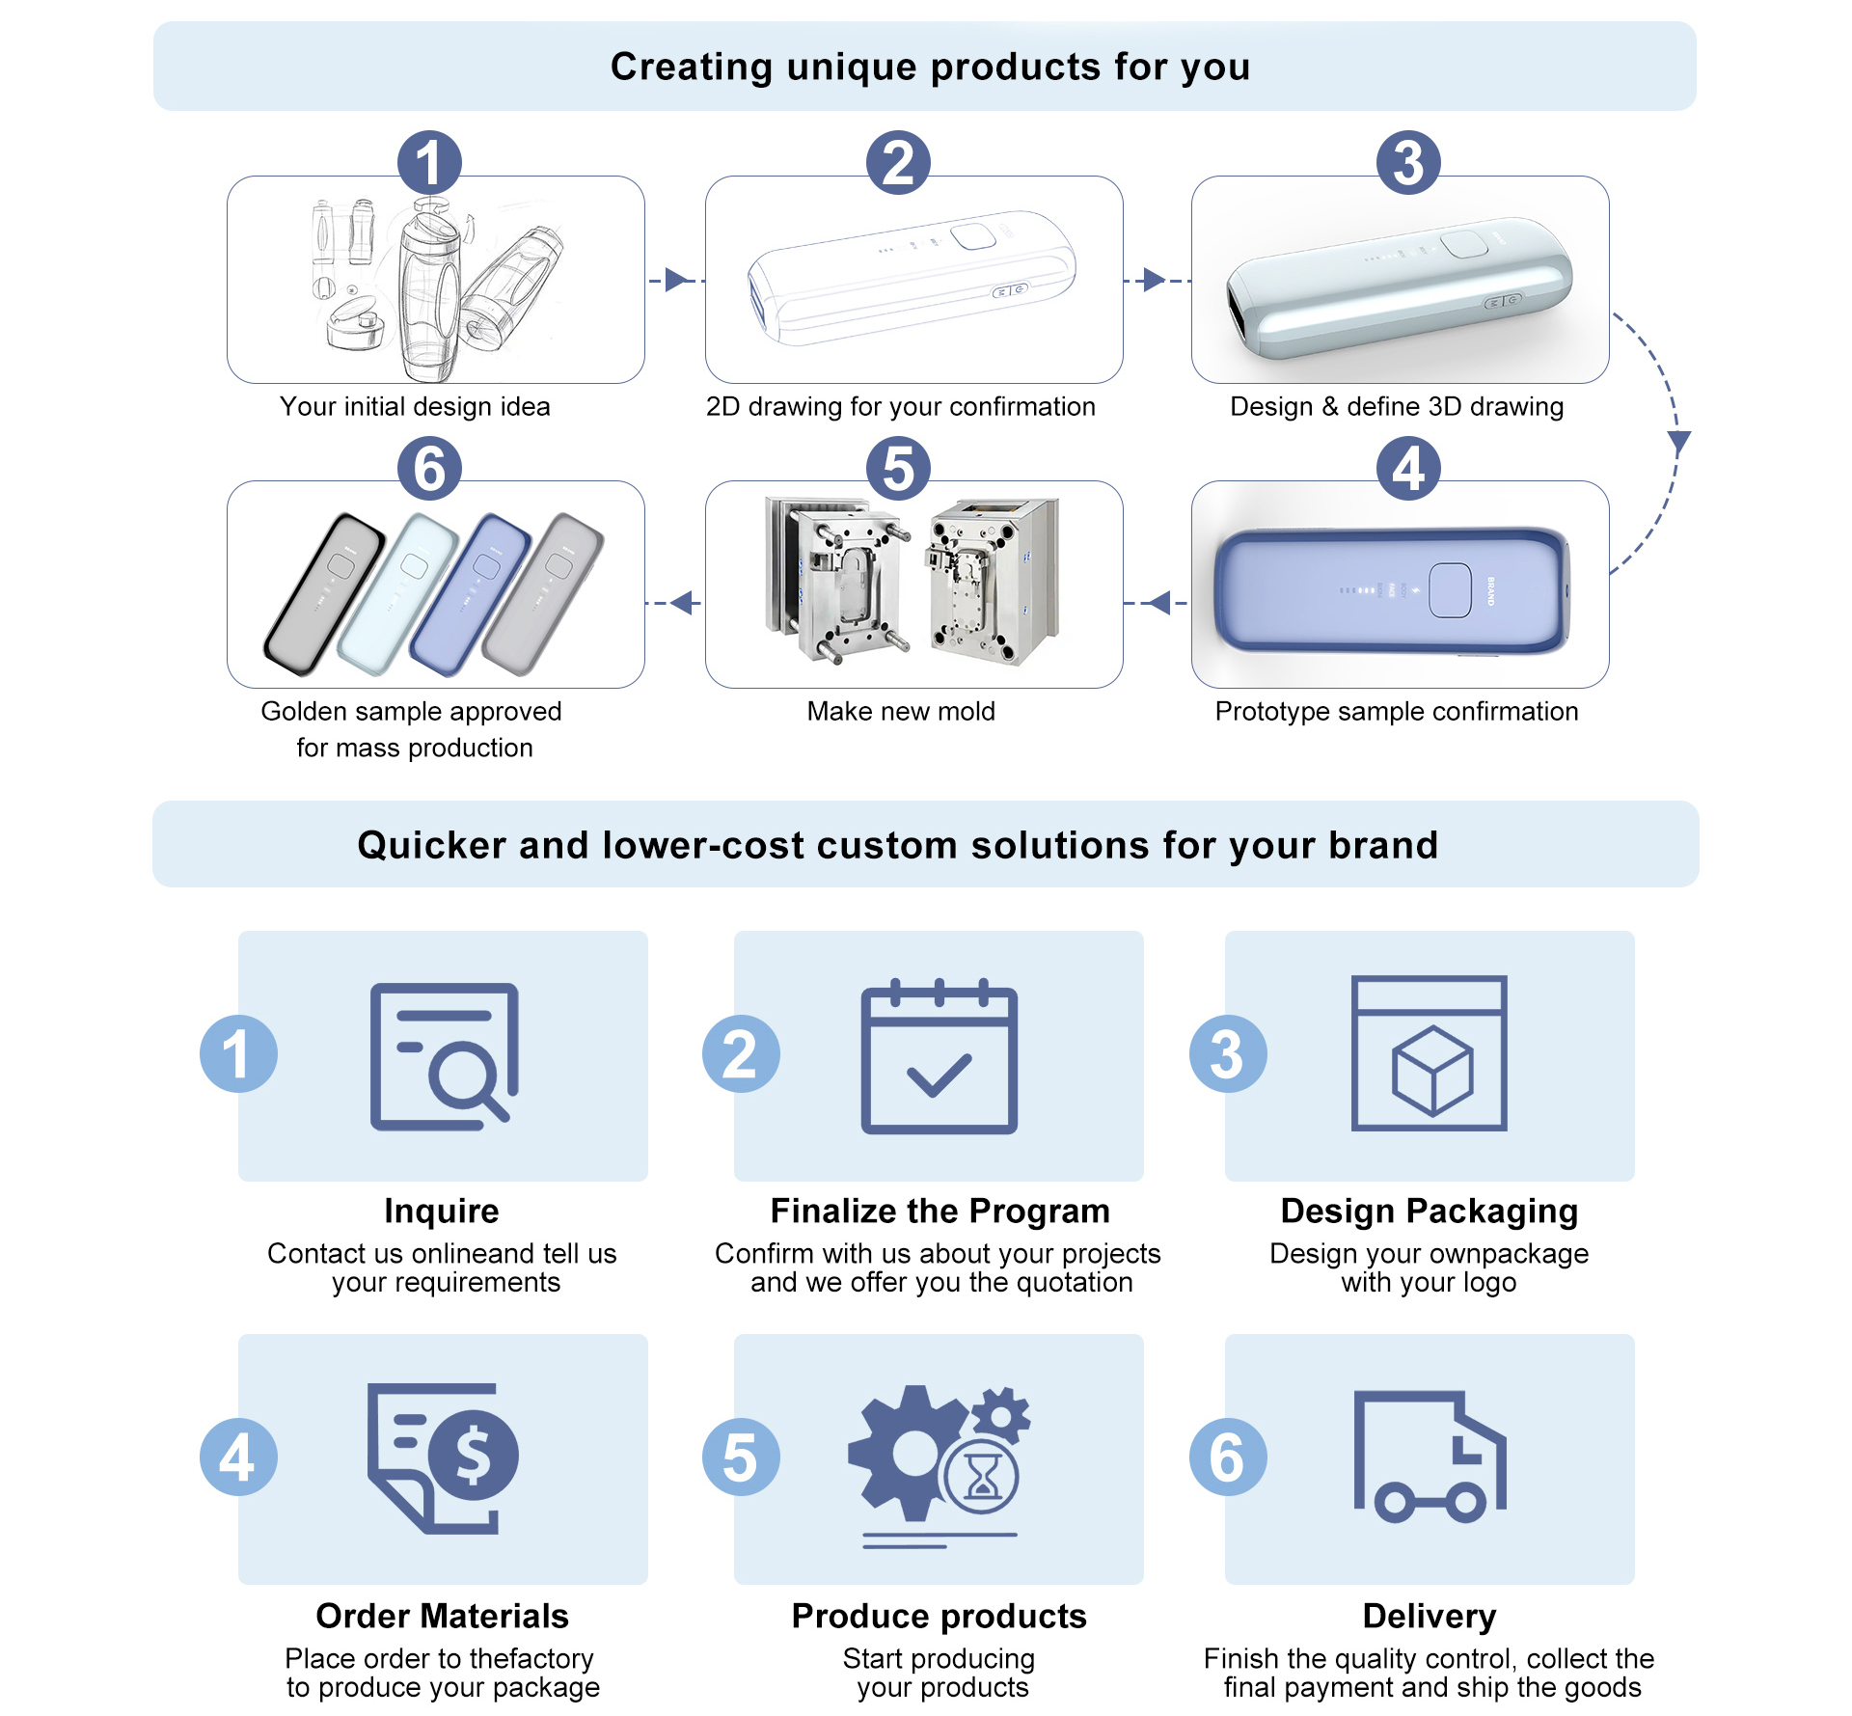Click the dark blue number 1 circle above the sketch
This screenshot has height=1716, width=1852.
429,163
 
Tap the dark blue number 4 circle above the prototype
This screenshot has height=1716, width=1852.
1407,469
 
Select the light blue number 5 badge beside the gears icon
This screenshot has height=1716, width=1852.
741,1457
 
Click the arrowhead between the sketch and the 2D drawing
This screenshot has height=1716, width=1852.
676,281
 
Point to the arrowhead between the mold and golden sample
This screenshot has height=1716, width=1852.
684,603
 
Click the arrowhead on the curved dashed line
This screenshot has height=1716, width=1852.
1679,443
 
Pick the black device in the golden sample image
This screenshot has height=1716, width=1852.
324,592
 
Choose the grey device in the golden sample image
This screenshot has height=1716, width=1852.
544,592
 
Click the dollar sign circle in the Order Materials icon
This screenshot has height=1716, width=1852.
473,1455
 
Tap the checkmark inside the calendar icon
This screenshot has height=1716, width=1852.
939,1075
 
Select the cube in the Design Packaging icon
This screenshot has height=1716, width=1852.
1432,1071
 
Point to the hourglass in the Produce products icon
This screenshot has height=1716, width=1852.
983,1476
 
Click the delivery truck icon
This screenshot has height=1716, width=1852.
1430,1457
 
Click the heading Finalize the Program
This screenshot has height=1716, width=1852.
940,1211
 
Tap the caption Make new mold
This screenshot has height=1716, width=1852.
901,712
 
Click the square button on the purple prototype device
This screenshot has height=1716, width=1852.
1450,589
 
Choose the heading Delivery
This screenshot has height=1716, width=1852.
1430,1616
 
